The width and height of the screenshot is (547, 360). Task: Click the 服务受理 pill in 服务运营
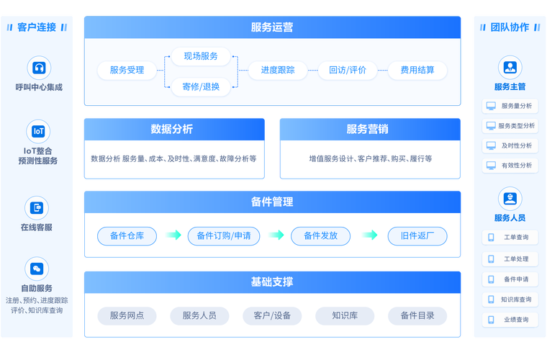pyautogui.click(x=127, y=70)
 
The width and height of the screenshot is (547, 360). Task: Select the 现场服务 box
pyautogui.click(x=201, y=56)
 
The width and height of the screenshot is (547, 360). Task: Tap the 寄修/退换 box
pyautogui.click(x=201, y=86)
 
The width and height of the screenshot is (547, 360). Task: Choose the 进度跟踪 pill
pyautogui.click(x=277, y=70)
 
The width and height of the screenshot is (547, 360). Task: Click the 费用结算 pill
pyautogui.click(x=417, y=70)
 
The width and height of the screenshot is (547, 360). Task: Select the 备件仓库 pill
pyautogui.click(x=127, y=235)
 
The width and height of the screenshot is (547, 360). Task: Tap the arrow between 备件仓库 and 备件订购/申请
pyautogui.click(x=173, y=235)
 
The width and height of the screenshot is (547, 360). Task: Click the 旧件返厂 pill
pyautogui.click(x=417, y=235)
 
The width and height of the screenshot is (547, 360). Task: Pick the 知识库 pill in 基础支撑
pyautogui.click(x=345, y=315)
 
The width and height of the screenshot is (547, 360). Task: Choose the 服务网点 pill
pyautogui.click(x=127, y=315)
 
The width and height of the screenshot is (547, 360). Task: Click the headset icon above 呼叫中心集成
pyautogui.click(x=39, y=68)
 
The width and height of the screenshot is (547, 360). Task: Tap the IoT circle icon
pyautogui.click(x=39, y=131)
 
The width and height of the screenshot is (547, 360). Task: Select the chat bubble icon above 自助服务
pyautogui.click(x=39, y=269)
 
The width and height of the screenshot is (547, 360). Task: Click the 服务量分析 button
pyautogui.click(x=510, y=106)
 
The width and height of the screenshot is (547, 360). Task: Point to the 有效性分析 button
pyautogui.click(x=510, y=165)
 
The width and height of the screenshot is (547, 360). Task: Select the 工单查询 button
pyautogui.click(x=510, y=238)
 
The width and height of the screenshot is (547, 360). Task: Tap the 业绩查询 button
pyautogui.click(x=510, y=320)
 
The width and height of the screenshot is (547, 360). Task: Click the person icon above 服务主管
pyautogui.click(x=510, y=68)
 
